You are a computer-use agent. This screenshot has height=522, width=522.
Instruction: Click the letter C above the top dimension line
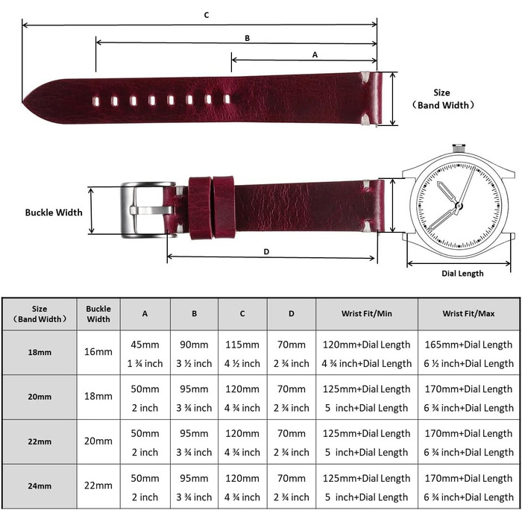point(207,15)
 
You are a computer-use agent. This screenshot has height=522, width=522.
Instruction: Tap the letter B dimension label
point(247,38)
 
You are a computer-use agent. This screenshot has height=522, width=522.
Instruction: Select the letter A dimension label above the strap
point(315,54)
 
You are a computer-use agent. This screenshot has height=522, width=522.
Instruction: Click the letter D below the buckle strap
point(266,252)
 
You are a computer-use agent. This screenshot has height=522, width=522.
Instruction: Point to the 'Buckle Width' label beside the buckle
point(54,213)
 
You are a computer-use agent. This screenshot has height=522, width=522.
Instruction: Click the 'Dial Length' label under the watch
point(462,274)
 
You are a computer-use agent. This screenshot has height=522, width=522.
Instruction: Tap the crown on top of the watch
point(459,148)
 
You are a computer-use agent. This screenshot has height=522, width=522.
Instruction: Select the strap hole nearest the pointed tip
point(96,101)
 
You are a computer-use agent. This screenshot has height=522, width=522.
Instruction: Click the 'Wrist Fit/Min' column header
point(367,314)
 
